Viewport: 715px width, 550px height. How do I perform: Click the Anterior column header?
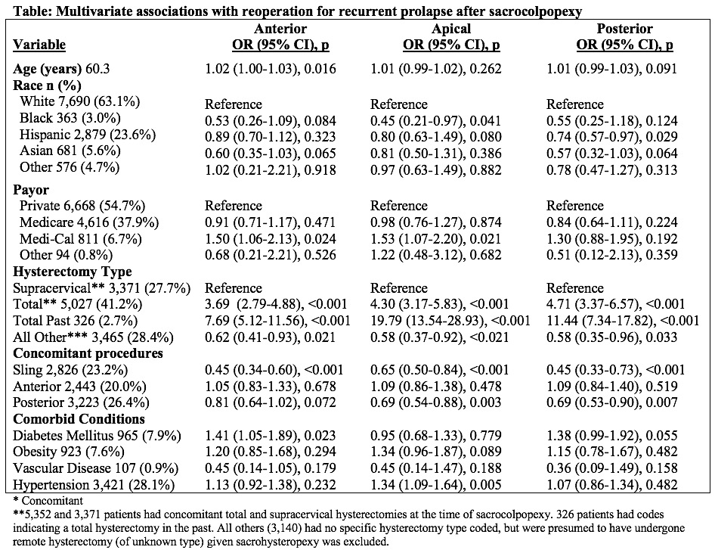point(280,29)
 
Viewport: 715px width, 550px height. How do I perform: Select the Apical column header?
point(451,29)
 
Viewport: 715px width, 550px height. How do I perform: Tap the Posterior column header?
point(625,29)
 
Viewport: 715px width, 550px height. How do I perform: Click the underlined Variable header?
point(39,45)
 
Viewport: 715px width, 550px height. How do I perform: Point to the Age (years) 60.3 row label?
point(61,69)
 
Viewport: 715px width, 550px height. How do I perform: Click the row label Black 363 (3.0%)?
point(70,118)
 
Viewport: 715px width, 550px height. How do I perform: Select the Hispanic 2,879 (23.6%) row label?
point(88,135)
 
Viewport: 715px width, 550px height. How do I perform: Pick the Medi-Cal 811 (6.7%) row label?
point(81,239)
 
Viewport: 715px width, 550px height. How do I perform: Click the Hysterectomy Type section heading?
point(73,272)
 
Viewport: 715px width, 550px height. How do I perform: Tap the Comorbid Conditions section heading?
point(79,419)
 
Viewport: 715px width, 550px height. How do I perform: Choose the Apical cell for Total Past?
point(450,321)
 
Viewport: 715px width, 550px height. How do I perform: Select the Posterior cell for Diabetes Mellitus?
point(612,436)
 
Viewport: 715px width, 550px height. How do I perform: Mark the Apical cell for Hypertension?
point(435,485)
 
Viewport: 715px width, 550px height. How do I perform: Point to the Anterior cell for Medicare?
point(270,222)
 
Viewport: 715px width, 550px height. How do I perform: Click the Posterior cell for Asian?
point(612,154)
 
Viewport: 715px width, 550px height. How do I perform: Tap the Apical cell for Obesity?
point(435,452)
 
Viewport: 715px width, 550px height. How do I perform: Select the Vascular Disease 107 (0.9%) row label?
point(96,468)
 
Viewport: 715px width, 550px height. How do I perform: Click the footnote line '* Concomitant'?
point(48,501)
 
